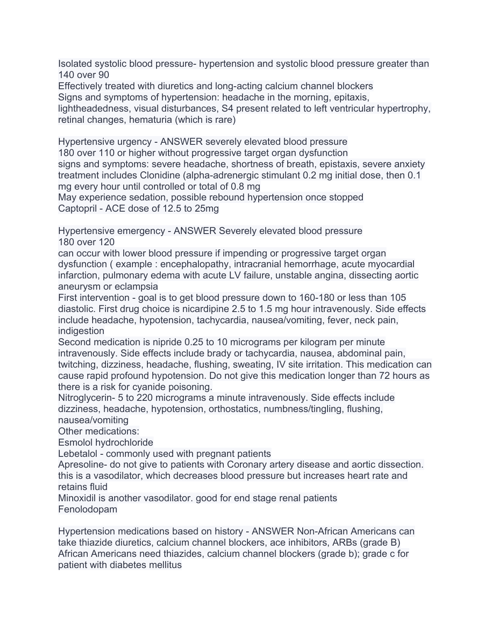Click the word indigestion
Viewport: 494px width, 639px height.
[81, 331]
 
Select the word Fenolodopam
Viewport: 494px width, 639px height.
[88, 510]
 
